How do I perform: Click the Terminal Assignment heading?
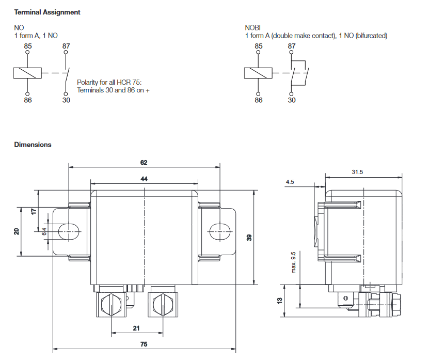47,12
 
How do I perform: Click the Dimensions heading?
33,145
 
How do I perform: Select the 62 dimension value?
144,162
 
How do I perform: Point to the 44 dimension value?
144,179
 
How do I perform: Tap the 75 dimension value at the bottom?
144,344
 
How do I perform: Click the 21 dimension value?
136,328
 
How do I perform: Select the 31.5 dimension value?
357,172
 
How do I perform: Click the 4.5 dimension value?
290,182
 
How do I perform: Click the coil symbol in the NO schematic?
27,73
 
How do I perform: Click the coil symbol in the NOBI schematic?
258,73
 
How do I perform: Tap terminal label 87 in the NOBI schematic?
292,46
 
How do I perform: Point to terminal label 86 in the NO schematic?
27,100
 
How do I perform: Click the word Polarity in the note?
88,82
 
